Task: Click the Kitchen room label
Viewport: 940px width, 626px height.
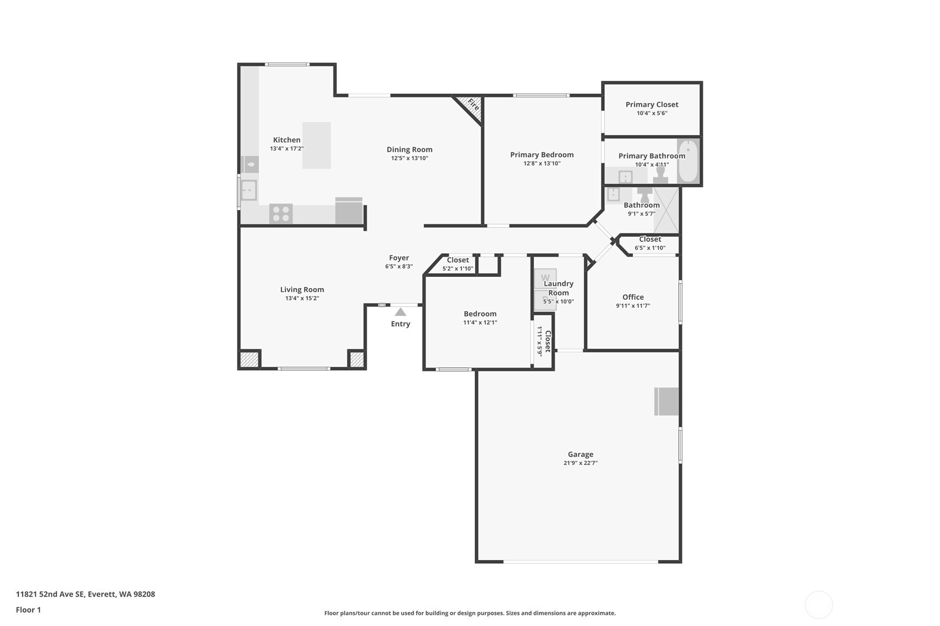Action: (x=286, y=140)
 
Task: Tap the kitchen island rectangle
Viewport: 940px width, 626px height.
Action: (x=316, y=146)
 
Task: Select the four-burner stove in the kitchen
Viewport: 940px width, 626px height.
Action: (x=281, y=214)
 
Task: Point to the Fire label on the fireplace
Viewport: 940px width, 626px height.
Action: (x=474, y=104)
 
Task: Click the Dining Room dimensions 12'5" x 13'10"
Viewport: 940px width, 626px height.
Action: (x=409, y=158)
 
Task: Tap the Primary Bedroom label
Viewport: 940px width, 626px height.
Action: (x=542, y=155)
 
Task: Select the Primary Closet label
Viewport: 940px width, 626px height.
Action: (x=652, y=105)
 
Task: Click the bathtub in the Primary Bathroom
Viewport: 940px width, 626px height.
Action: (x=688, y=161)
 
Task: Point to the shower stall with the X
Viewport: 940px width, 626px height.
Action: (x=666, y=210)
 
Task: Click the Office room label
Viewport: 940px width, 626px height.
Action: (x=633, y=297)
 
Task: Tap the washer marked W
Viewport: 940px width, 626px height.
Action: (x=545, y=278)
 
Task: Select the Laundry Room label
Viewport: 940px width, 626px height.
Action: (x=558, y=288)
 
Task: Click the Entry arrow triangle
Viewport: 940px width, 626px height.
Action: (x=400, y=312)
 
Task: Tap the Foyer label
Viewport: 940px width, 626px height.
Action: (x=399, y=258)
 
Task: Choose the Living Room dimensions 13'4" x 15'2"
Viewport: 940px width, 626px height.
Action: (x=302, y=298)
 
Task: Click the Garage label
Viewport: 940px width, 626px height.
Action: (x=581, y=454)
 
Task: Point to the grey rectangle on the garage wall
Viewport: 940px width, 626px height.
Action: (x=666, y=402)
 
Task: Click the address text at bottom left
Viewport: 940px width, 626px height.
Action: (x=85, y=594)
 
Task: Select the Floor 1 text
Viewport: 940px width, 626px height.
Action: (x=28, y=609)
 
